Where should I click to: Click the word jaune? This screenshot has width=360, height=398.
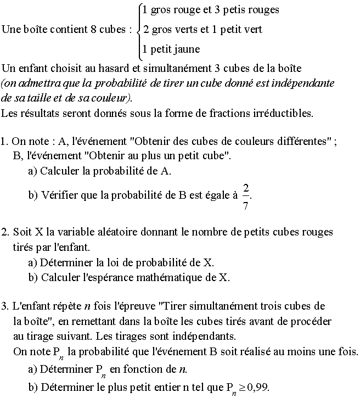click(x=185, y=49)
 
